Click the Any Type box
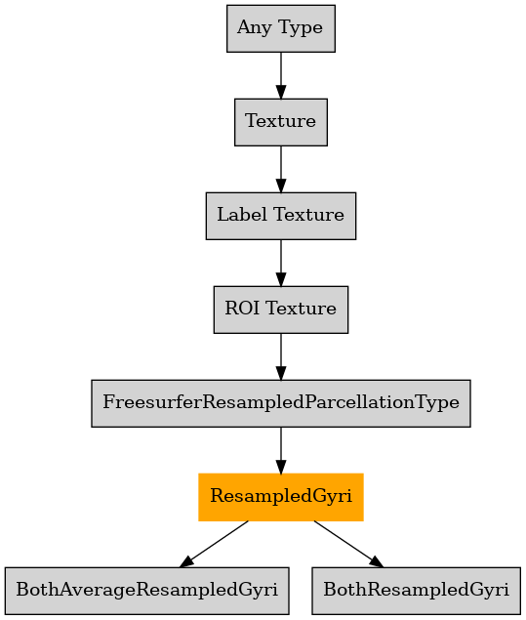click(281, 28)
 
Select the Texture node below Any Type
click(281, 122)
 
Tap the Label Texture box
click(281, 216)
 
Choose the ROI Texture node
click(281, 310)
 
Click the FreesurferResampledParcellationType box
click(281, 403)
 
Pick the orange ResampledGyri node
click(281, 497)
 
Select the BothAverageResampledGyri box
click(147, 591)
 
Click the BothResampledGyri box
click(416, 591)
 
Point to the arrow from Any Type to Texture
click(281, 75)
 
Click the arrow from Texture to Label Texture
click(281, 169)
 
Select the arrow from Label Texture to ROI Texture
click(281, 263)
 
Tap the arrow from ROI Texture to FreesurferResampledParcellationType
click(281, 356)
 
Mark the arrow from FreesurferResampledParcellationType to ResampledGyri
click(281, 450)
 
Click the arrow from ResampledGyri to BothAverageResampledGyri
click(214, 544)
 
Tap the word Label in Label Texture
click(241, 215)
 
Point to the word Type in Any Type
click(301, 28)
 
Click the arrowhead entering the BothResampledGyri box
click(377, 561)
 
